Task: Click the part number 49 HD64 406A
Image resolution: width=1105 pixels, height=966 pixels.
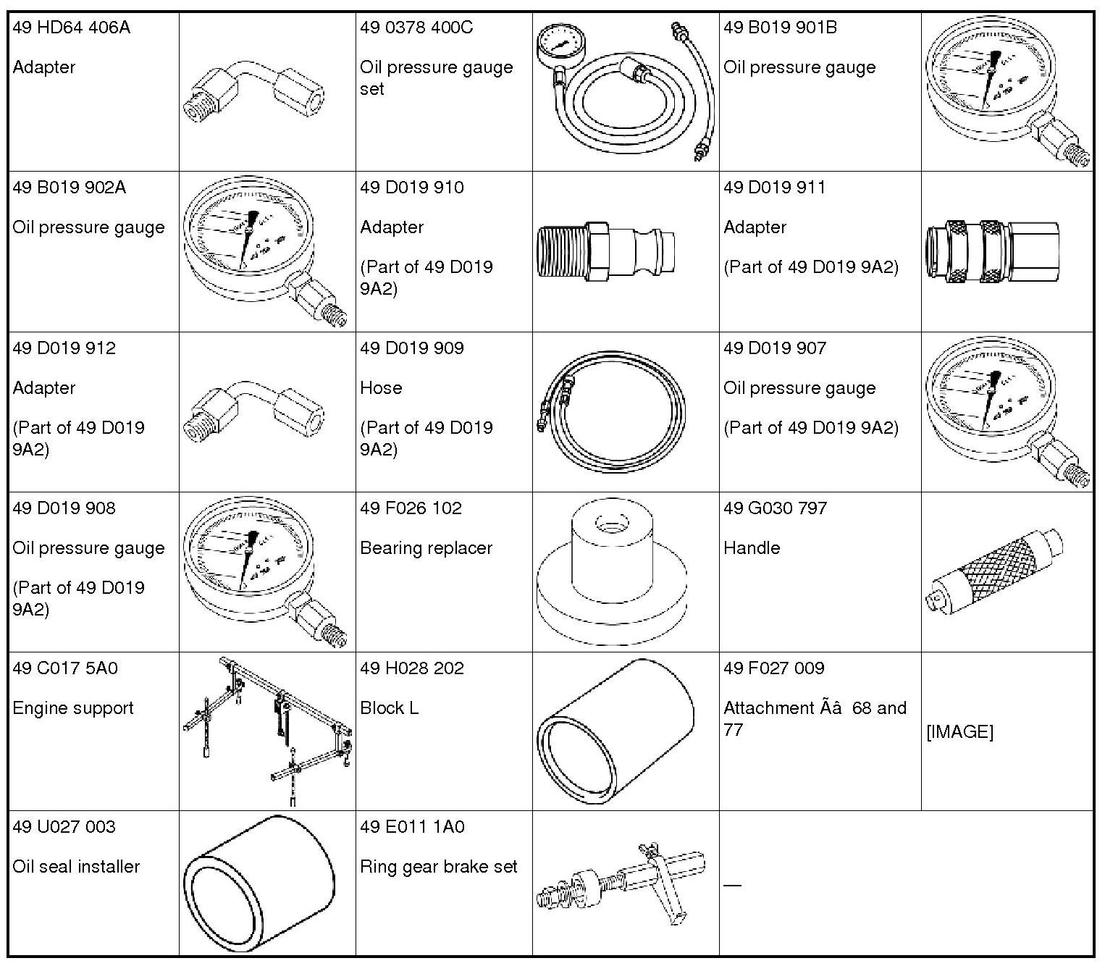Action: pyautogui.click(x=71, y=28)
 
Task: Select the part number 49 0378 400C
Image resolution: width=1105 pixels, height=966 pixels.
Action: pyautogui.click(x=416, y=28)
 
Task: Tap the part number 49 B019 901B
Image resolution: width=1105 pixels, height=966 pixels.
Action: pyautogui.click(x=780, y=28)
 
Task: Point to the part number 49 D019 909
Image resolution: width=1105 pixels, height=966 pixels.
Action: pyautogui.click(x=411, y=348)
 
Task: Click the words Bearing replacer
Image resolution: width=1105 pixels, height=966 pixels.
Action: pyautogui.click(x=426, y=548)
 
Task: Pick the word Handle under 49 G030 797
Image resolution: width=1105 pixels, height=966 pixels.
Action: pyautogui.click(x=752, y=548)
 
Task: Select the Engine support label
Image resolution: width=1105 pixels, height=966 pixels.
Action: pyautogui.click(x=73, y=708)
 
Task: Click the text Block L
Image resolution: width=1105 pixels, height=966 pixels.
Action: pyautogui.click(x=390, y=708)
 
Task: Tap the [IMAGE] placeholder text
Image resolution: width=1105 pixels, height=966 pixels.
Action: pyautogui.click(x=959, y=732)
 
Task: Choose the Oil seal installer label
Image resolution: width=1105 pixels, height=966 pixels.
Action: pyautogui.click(x=76, y=867)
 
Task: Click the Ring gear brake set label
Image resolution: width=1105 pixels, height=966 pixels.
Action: pyautogui.click(x=439, y=867)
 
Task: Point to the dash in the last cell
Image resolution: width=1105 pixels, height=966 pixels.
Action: pyautogui.click(x=732, y=885)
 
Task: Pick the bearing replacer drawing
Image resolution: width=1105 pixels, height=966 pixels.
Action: pyautogui.click(x=610, y=572)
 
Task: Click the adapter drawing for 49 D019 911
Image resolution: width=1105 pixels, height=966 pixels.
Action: pyautogui.click(x=992, y=251)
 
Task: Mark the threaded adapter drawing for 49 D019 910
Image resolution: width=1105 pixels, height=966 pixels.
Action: pyautogui.click(x=607, y=251)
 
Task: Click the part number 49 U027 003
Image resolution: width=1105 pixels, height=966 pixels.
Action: pyautogui.click(x=64, y=827)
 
